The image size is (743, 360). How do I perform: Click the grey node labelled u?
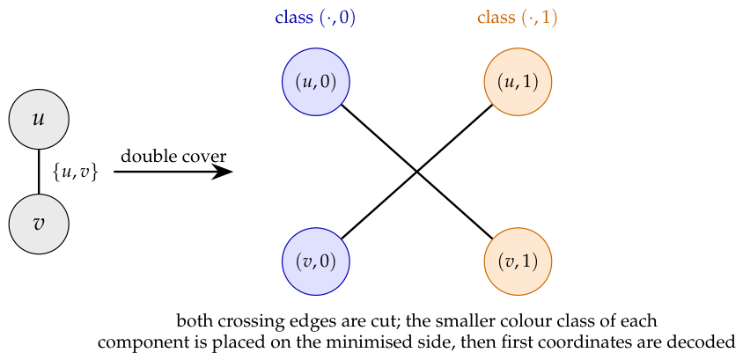[39, 119]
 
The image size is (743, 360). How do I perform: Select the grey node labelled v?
[39, 224]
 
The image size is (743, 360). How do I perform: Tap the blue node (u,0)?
[316, 82]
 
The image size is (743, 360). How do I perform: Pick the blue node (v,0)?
[316, 261]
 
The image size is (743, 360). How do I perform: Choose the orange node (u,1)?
[518, 82]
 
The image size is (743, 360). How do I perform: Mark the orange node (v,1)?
[518, 261]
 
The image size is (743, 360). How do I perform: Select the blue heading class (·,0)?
[315, 18]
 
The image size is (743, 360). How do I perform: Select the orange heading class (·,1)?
[517, 18]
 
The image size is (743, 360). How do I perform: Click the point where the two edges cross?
[417, 172]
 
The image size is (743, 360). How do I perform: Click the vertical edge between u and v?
[39, 171]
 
